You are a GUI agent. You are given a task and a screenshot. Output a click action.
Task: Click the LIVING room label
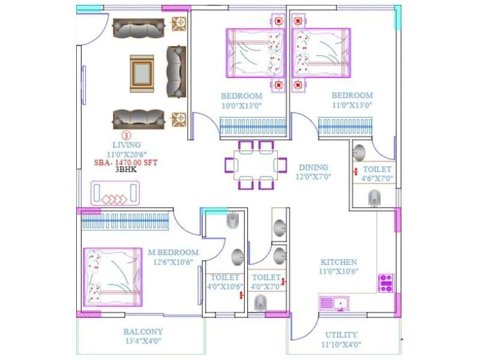point(127,145)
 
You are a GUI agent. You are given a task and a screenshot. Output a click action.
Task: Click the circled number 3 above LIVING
point(126,136)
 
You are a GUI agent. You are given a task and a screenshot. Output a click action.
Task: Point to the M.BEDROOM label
point(173,253)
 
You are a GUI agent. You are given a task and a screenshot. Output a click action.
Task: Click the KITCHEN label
point(338,262)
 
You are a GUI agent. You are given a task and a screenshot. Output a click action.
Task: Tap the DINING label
point(313,167)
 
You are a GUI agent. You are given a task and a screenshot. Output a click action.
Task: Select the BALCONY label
point(143,332)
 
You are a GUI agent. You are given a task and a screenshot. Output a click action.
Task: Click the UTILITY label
point(341,335)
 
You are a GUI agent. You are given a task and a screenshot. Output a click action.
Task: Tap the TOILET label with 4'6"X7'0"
point(376,170)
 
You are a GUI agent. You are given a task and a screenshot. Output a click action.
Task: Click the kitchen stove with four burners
point(386,283)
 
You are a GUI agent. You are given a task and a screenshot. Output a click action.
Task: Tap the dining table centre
point(256,165)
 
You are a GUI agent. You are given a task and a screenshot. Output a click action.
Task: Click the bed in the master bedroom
point(112,278)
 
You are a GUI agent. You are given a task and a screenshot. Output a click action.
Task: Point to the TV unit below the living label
point(115,195)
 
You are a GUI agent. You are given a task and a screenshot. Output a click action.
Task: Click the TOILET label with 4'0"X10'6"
point(225,278)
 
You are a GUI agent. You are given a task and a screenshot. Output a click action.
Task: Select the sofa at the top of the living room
point(139,28)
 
